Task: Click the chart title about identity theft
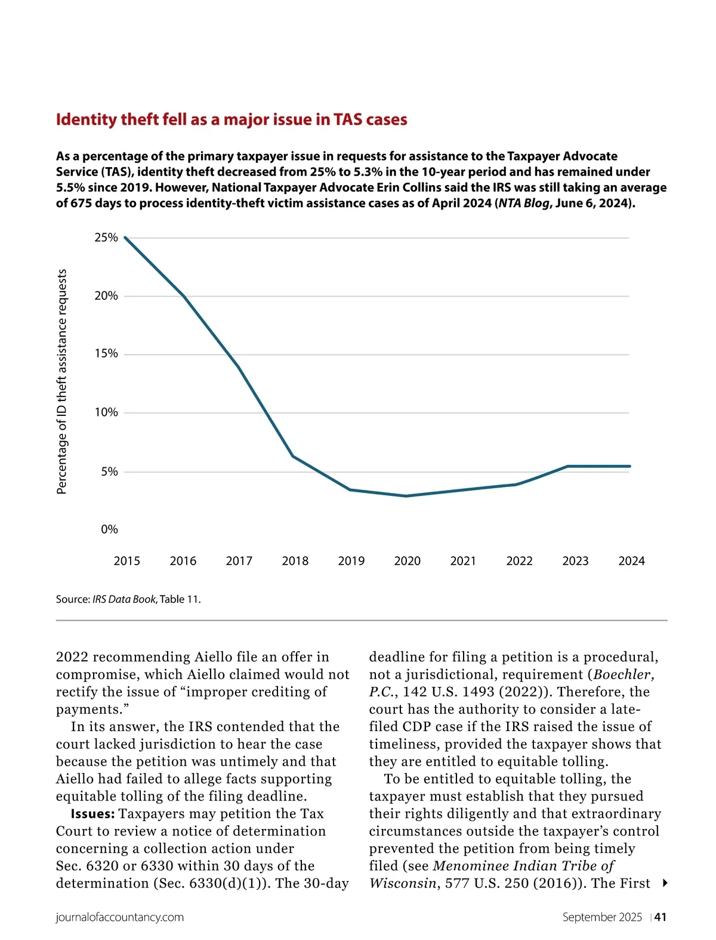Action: click(x=232, y=120)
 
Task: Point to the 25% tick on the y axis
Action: click(x=106, y=238)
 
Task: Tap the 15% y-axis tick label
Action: click(x=106, y=354)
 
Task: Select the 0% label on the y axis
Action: click(x=109, y=529)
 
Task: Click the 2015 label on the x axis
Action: click(x=126, y=561)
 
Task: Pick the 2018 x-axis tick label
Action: click(x=295, y=561)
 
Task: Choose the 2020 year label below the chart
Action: click(x=407, y=561)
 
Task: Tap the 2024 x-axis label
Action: click(x=631, y=561)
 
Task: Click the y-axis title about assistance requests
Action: click(x=61, y=382)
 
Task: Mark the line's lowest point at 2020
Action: click(x=406, y=496)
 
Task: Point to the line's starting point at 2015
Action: click(x=125, y=238)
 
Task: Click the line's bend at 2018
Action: click(x=293, y=456)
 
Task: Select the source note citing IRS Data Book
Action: click(x=128, y=599)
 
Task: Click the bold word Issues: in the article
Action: click(x=92, y=814)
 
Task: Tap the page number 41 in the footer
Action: click(x=661, y=917)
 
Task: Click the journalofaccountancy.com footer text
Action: click(x=120, y=917)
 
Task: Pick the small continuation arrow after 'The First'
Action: click(x=665, y=883)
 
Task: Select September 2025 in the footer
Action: click(x=602, y=917)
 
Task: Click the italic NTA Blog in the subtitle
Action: click(x=524, y=203)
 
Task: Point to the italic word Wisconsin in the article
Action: click(x=403, y=883)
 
